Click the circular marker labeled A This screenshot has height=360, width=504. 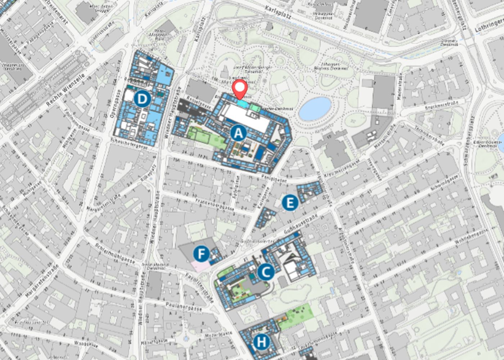point(238,133)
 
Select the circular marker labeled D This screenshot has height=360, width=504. point(142,99)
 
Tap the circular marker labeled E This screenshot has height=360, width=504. point(290,203)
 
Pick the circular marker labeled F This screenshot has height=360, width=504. point(201,254)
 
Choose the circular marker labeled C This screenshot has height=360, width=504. point(266,272)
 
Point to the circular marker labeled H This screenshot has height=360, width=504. point(262,342)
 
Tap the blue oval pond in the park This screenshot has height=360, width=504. point(315,108)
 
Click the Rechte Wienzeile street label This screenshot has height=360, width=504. point(66,90)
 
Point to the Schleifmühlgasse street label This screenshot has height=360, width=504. point(115,253)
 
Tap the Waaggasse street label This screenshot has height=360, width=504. point(86,344)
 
